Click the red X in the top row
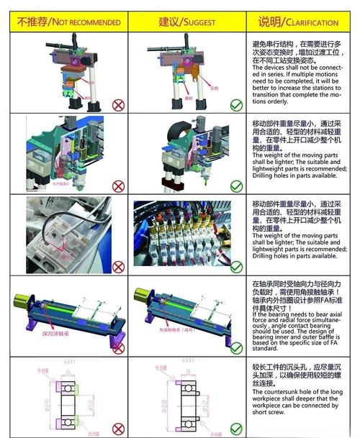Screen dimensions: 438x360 pyautogui.click(x=117, y=104)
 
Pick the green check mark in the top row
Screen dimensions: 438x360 pyautogui.click(x=236, y=106)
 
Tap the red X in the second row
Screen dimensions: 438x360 pyautogui.click(x=118, y=186)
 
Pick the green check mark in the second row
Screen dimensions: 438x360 pyautogui.click(x=236, y=186)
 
